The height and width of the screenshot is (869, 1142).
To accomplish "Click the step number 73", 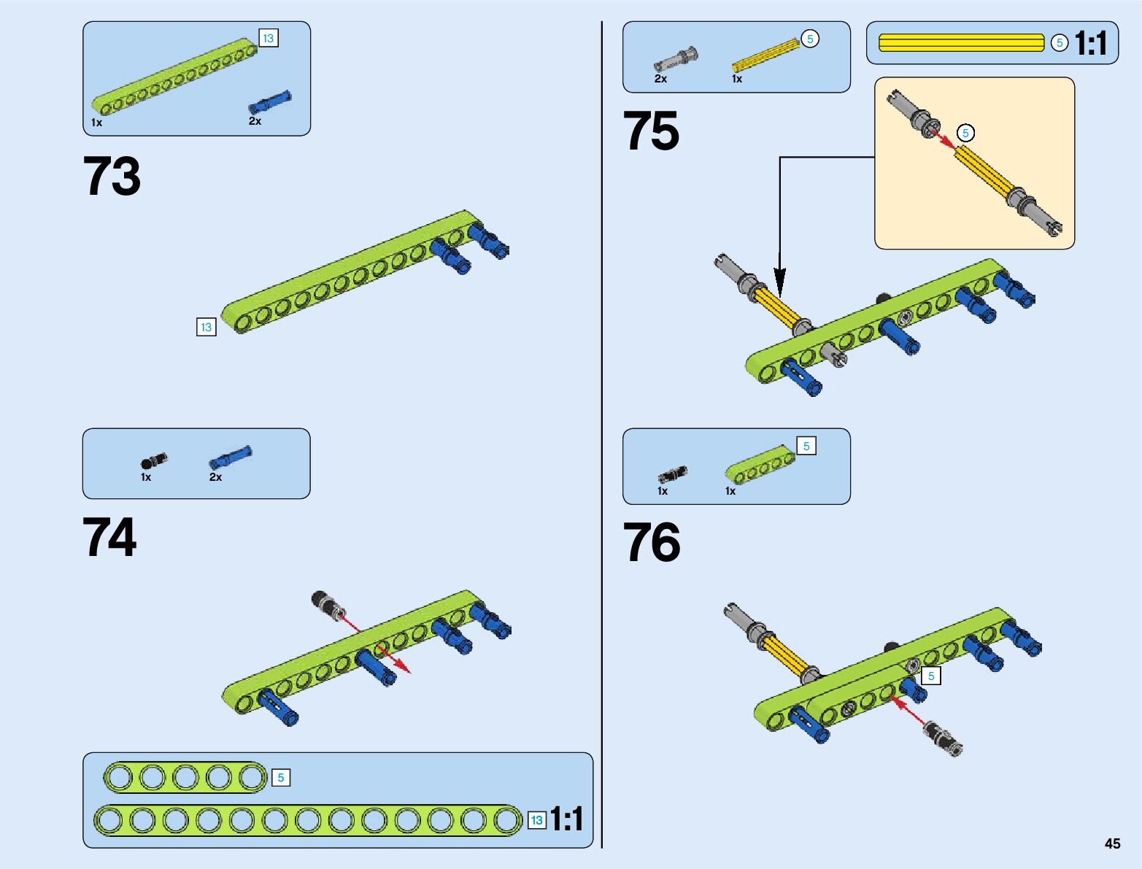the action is (112, 176).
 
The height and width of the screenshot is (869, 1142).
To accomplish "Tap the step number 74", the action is (109, 537).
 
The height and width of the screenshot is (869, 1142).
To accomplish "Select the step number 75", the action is (651, 130).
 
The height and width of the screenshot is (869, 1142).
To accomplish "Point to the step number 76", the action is (652, 542).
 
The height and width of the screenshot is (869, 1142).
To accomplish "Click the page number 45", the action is (1112, 843).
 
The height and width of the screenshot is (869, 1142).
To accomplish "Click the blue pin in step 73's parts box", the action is (269, 101).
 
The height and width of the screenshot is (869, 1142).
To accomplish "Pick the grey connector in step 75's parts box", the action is (676, 59).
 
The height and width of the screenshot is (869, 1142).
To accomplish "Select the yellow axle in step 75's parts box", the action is (765, 55).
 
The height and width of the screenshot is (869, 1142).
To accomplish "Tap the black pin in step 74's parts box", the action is (154, 460).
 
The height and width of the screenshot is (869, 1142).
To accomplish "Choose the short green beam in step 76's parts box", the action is (760, 463).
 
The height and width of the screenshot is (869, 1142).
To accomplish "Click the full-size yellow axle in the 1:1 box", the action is (961, 42).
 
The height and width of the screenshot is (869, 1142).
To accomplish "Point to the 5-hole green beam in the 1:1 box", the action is (186, 778).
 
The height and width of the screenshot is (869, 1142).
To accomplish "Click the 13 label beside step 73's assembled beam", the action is (206, 327).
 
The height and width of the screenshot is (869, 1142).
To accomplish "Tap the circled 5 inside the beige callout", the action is (965, 133).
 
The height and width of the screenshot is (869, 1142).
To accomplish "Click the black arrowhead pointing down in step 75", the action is (779, 283).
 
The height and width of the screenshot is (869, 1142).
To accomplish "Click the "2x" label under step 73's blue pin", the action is (255, 120).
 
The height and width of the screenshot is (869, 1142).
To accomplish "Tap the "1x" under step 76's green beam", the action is (730, 491).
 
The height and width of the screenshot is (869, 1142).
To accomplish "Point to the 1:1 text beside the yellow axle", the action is (1090, 42).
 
